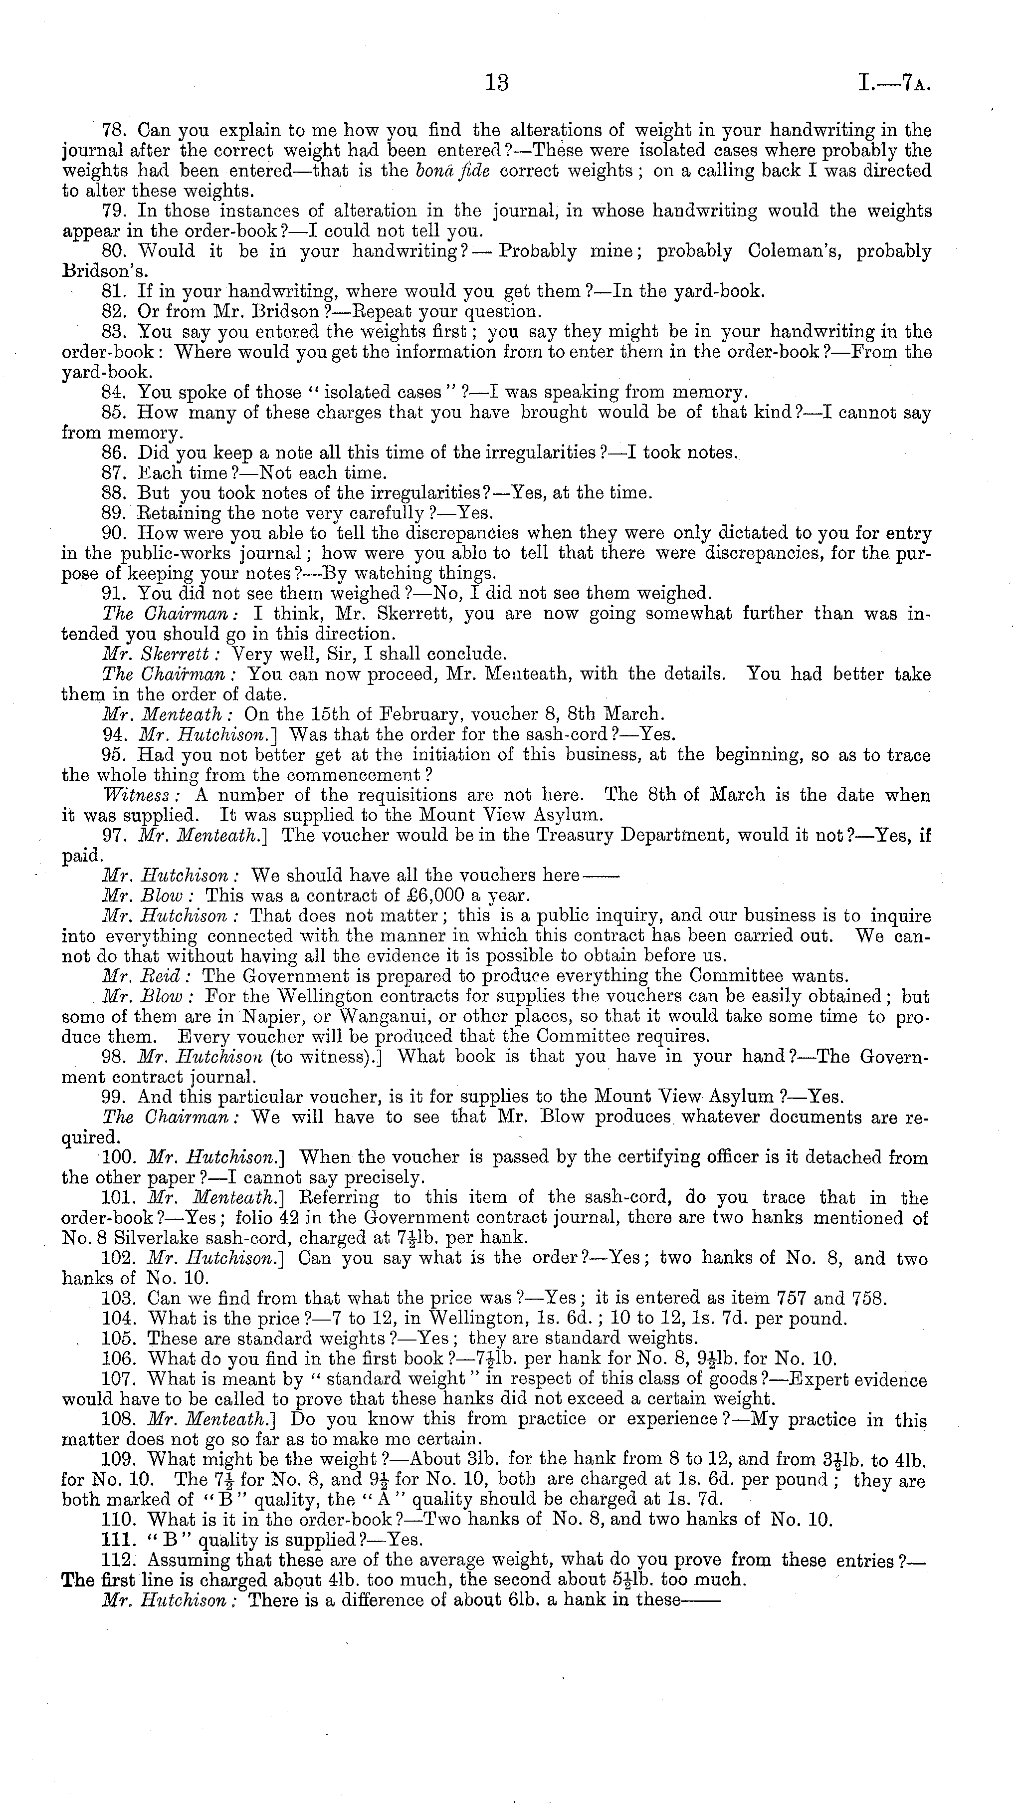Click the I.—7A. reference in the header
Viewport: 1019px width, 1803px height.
896,84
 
